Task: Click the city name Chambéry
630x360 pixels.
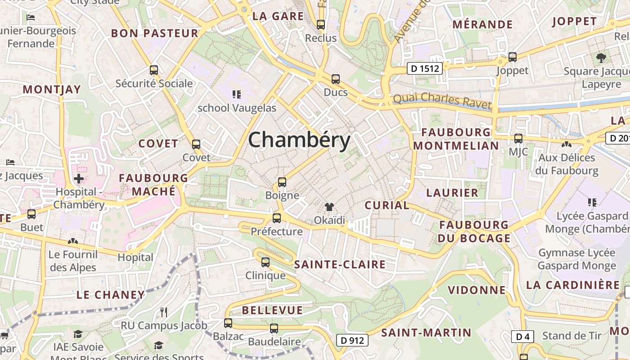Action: point(299,140)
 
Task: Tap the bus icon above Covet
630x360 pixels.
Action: point(196,144)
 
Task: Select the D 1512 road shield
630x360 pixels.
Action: point(425,68)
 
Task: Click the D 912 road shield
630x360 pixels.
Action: point(352,340)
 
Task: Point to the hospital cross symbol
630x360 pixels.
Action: point(79,179)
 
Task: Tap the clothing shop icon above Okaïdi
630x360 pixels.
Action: point(329,207)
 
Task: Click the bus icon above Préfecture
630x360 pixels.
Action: point(277,218)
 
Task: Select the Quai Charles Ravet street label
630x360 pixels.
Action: point(442,101)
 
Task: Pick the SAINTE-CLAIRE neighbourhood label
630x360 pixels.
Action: point(340,265)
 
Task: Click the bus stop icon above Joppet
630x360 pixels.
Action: point(513,57)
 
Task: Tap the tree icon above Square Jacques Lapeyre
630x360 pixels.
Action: point(601,58)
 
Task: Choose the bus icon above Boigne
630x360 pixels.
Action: point(282,182)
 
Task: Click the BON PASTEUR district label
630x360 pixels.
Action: point(154,33)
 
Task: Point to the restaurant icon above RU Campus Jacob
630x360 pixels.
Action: point(164,312)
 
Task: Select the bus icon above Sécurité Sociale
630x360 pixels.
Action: point(154,70)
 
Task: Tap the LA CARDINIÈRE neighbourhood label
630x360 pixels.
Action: point(573,285)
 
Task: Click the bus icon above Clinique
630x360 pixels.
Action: point(265,262)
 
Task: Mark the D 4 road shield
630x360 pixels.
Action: point(522,336)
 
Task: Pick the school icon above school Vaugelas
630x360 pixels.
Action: point(237,94)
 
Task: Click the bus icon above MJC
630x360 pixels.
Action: point(518,139)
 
